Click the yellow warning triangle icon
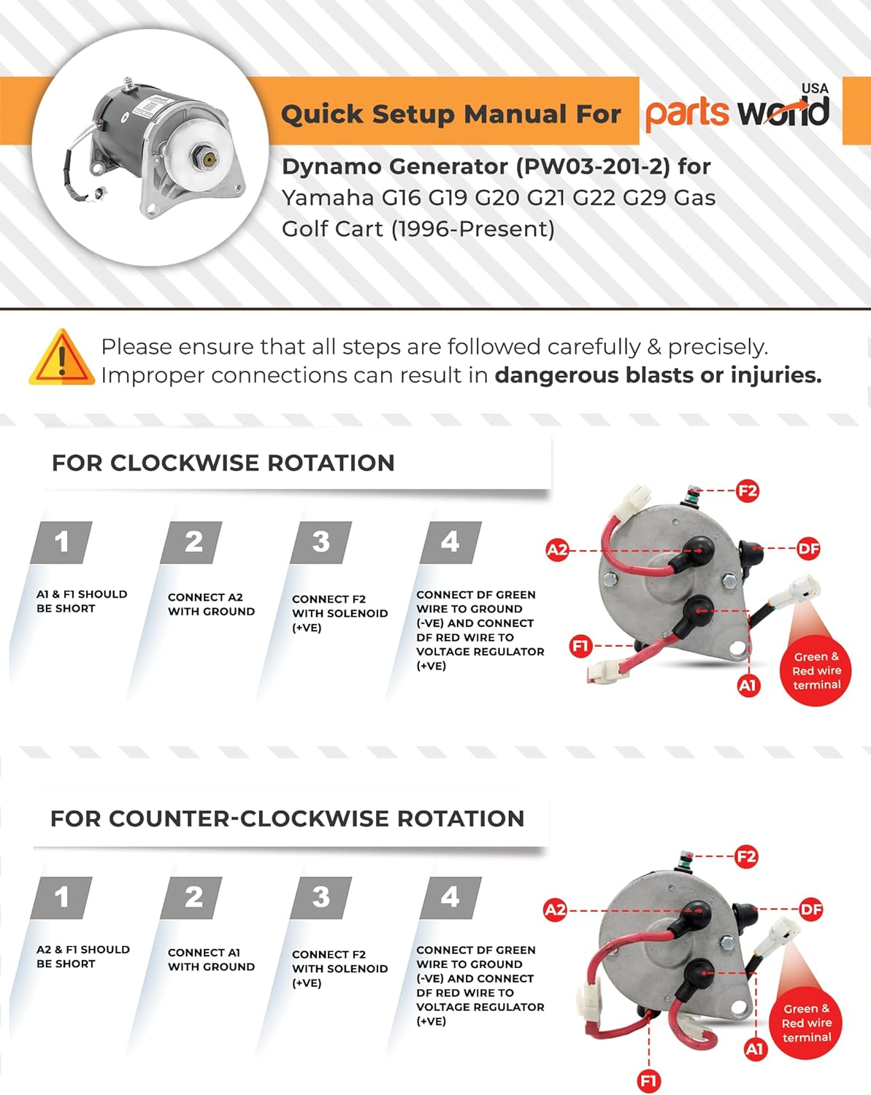pos(62,358)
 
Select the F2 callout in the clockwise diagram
pos(748,491)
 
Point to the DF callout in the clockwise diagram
pos(808,548)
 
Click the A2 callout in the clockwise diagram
pos(557,550)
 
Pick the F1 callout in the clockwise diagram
pos(580,646)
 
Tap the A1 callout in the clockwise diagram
pos(748,685)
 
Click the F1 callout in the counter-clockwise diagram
pos(648,1081)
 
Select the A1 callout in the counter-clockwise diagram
pos(754,1049)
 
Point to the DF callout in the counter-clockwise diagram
pos(811,910)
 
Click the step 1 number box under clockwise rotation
pos(61,542)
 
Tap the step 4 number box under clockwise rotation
pos(450,542)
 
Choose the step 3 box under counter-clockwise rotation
pos(321,897)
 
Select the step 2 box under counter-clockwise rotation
pos(193,897)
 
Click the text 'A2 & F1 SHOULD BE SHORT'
pos(83,956)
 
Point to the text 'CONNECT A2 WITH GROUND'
pos(211,604)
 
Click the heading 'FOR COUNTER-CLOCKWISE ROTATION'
pos(287,819)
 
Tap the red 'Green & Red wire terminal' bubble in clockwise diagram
pos(817,671)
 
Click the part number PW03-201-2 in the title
pos(593,166)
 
